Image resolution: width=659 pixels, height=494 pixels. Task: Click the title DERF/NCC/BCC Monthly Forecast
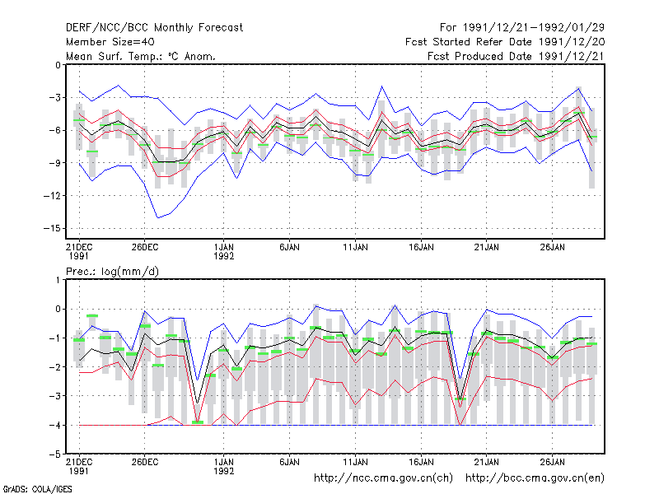click(x=154, y=28)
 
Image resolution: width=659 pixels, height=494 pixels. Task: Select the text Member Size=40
click(x=110, y=42)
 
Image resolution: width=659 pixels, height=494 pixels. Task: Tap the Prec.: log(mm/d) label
click(x=112, y=272)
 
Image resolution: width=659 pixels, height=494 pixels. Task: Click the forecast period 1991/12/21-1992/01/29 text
click(x=522, y=28)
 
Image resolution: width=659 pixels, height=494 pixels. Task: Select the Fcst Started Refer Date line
click(x=505, y=42)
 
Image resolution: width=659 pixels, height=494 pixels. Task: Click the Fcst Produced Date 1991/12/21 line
click(x=516, y=56)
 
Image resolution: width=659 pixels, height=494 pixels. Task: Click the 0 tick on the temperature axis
click(x=58, y=65)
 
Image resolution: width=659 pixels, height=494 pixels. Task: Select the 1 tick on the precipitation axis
click(x=58, y=280)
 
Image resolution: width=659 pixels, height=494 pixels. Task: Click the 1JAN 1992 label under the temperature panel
click(x=223, y=252)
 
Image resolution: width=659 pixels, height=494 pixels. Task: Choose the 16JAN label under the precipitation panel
click(x=421, y=462)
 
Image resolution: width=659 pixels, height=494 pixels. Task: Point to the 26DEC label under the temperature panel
click(x=145, y=247)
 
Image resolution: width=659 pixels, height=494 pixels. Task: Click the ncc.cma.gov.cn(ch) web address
click(x=383, y=478)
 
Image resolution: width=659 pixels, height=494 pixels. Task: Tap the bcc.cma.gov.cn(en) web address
click(x=535, y=478)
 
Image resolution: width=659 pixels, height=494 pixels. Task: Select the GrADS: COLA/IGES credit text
click(x=37, y=489)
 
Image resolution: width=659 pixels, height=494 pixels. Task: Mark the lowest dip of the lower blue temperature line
click(x=157, y=217)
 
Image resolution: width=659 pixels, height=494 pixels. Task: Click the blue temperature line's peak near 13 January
click(x=382, y=86)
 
